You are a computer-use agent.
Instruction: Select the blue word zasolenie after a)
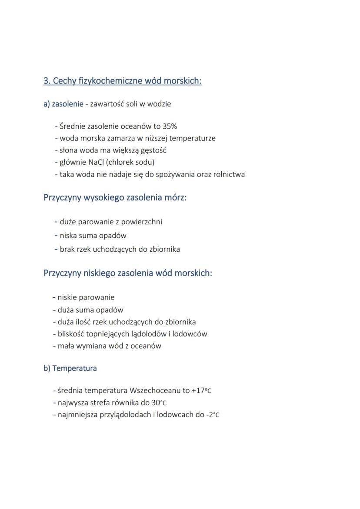pos(68,104)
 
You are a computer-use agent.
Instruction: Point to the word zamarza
pos(119,139)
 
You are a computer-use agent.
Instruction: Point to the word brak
pos(67,249)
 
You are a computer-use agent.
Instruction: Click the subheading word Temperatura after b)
pos(74,368)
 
